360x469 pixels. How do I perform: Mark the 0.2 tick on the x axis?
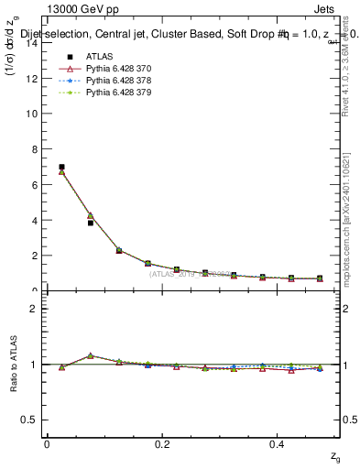163,443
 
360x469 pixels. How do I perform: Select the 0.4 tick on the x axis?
279,443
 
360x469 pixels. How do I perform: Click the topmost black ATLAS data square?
61,167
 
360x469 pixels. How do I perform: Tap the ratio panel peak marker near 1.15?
90,355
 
